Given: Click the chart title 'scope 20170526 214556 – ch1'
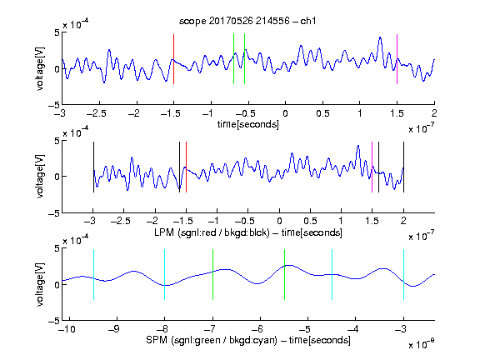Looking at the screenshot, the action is [247, 21].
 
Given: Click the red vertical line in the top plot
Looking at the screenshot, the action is [173, 59].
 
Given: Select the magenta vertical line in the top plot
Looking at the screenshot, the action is [397, 59].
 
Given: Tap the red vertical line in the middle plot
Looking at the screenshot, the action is [186, 167].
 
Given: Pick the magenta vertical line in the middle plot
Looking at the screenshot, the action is [372, 167].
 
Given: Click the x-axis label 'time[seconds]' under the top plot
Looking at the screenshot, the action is [248, 124].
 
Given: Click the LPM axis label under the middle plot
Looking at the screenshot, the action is [248, 232].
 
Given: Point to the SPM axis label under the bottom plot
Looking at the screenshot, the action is [248, 340].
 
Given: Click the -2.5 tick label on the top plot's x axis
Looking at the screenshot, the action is [96, 114].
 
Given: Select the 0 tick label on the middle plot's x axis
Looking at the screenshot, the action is [279, 221].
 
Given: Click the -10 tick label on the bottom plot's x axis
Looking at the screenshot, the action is [67, 329].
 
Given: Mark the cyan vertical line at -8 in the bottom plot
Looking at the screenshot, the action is [164, 275].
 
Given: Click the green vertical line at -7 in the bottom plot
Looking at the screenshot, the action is [212, 275].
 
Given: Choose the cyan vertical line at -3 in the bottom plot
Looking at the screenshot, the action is [403, 275].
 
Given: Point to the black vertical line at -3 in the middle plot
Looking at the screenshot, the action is [93, 167].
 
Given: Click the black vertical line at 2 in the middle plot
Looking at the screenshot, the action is [403, 167].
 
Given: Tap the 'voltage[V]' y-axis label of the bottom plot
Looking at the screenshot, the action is [40, 284].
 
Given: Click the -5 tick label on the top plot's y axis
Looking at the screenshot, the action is [54, 105].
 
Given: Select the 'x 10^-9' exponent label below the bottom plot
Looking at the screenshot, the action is [422, 345].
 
